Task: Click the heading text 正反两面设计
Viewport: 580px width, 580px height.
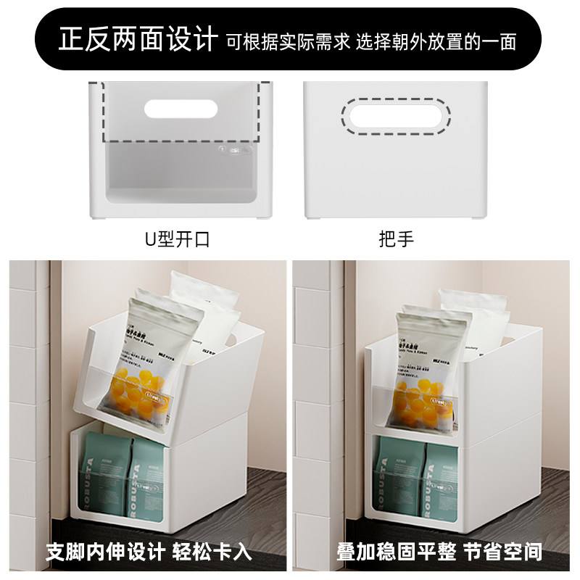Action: (138, 38)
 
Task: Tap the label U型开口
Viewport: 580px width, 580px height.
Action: (178, 239)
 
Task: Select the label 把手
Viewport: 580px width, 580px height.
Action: (396, 239)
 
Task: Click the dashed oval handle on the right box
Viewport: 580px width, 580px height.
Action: (396, 116)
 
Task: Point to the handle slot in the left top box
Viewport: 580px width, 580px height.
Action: (181, 109)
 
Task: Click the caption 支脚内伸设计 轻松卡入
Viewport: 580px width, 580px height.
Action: (149, 552)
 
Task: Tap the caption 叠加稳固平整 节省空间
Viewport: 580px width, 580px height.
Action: (439, 552)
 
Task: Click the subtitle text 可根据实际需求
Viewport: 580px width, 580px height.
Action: (288, 41)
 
